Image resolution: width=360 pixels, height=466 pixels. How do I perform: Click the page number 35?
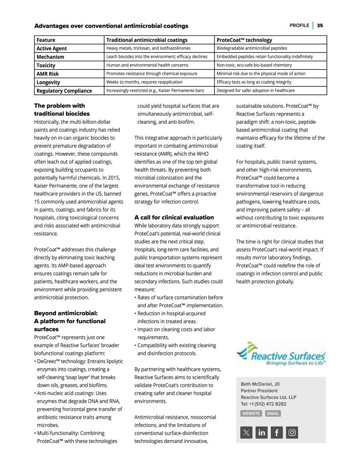click(x=320, y=25)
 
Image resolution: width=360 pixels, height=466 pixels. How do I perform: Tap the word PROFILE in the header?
click(x=299, y=25)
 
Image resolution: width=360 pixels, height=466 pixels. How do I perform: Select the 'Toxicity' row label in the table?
click(x=46, y=66)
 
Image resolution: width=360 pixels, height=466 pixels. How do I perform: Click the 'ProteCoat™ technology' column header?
click(x=244, y=40)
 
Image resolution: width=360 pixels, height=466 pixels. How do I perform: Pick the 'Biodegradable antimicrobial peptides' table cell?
click(x=252, y=48)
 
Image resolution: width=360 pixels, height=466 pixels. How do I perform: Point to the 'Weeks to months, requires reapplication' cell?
click(x=144, y=82)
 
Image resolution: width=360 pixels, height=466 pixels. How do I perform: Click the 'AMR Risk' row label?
click(x=47, y=74)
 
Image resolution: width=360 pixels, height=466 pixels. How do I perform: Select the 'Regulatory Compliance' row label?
click(x=64, y=91)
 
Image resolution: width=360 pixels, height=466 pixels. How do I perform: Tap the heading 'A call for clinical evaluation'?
click(x=174, y=218)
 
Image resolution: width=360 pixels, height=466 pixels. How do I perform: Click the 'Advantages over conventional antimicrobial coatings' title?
click(x=111, y=26)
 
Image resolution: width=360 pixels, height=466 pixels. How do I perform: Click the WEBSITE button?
click(x=251, y=414)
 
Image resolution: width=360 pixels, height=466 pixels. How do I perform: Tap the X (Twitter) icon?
click(x=246, y=432)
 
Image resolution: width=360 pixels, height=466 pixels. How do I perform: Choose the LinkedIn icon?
click(x=262, y=432)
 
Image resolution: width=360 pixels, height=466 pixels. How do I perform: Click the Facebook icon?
click(x=277, y=432)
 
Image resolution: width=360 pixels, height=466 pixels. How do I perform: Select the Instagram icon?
click(x=292, y=432)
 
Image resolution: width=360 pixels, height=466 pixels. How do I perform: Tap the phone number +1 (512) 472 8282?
click(x=264, y=404)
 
